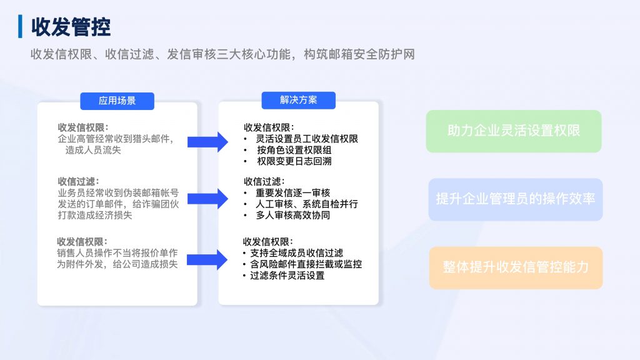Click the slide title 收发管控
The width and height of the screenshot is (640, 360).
pos(71,27)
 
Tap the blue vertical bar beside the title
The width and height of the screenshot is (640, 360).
pos(20,26)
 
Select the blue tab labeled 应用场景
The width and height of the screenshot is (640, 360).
pos(117,101)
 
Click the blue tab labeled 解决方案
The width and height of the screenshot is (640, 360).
pos(298,100)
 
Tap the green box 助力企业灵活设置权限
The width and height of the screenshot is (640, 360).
pos(514,131)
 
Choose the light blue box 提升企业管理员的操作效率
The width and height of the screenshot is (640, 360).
pos(516,199)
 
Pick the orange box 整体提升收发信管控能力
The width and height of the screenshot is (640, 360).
pos(516,267)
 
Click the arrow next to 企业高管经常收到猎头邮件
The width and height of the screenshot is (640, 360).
pos(207,142)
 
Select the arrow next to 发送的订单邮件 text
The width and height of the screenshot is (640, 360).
pos(207,199)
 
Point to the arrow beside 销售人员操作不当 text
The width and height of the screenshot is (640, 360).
pos(207,259)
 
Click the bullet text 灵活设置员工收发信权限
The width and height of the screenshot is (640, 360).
pos(307,139)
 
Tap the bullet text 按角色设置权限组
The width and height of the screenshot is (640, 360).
pos(294,150)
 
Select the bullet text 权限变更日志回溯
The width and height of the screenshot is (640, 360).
pos(294,161)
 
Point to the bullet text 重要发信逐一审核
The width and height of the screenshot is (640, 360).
pos(293,192)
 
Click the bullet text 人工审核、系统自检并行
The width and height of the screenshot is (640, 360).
pos(307,204)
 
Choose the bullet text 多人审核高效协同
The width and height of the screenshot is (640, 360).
pos(293,215)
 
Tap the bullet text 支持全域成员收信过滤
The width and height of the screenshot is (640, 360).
pos(297,253)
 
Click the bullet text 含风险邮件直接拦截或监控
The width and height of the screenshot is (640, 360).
pos(306,264)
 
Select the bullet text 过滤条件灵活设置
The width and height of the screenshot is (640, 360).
pos(287,276)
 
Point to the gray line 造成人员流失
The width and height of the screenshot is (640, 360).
pos(93,150)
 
